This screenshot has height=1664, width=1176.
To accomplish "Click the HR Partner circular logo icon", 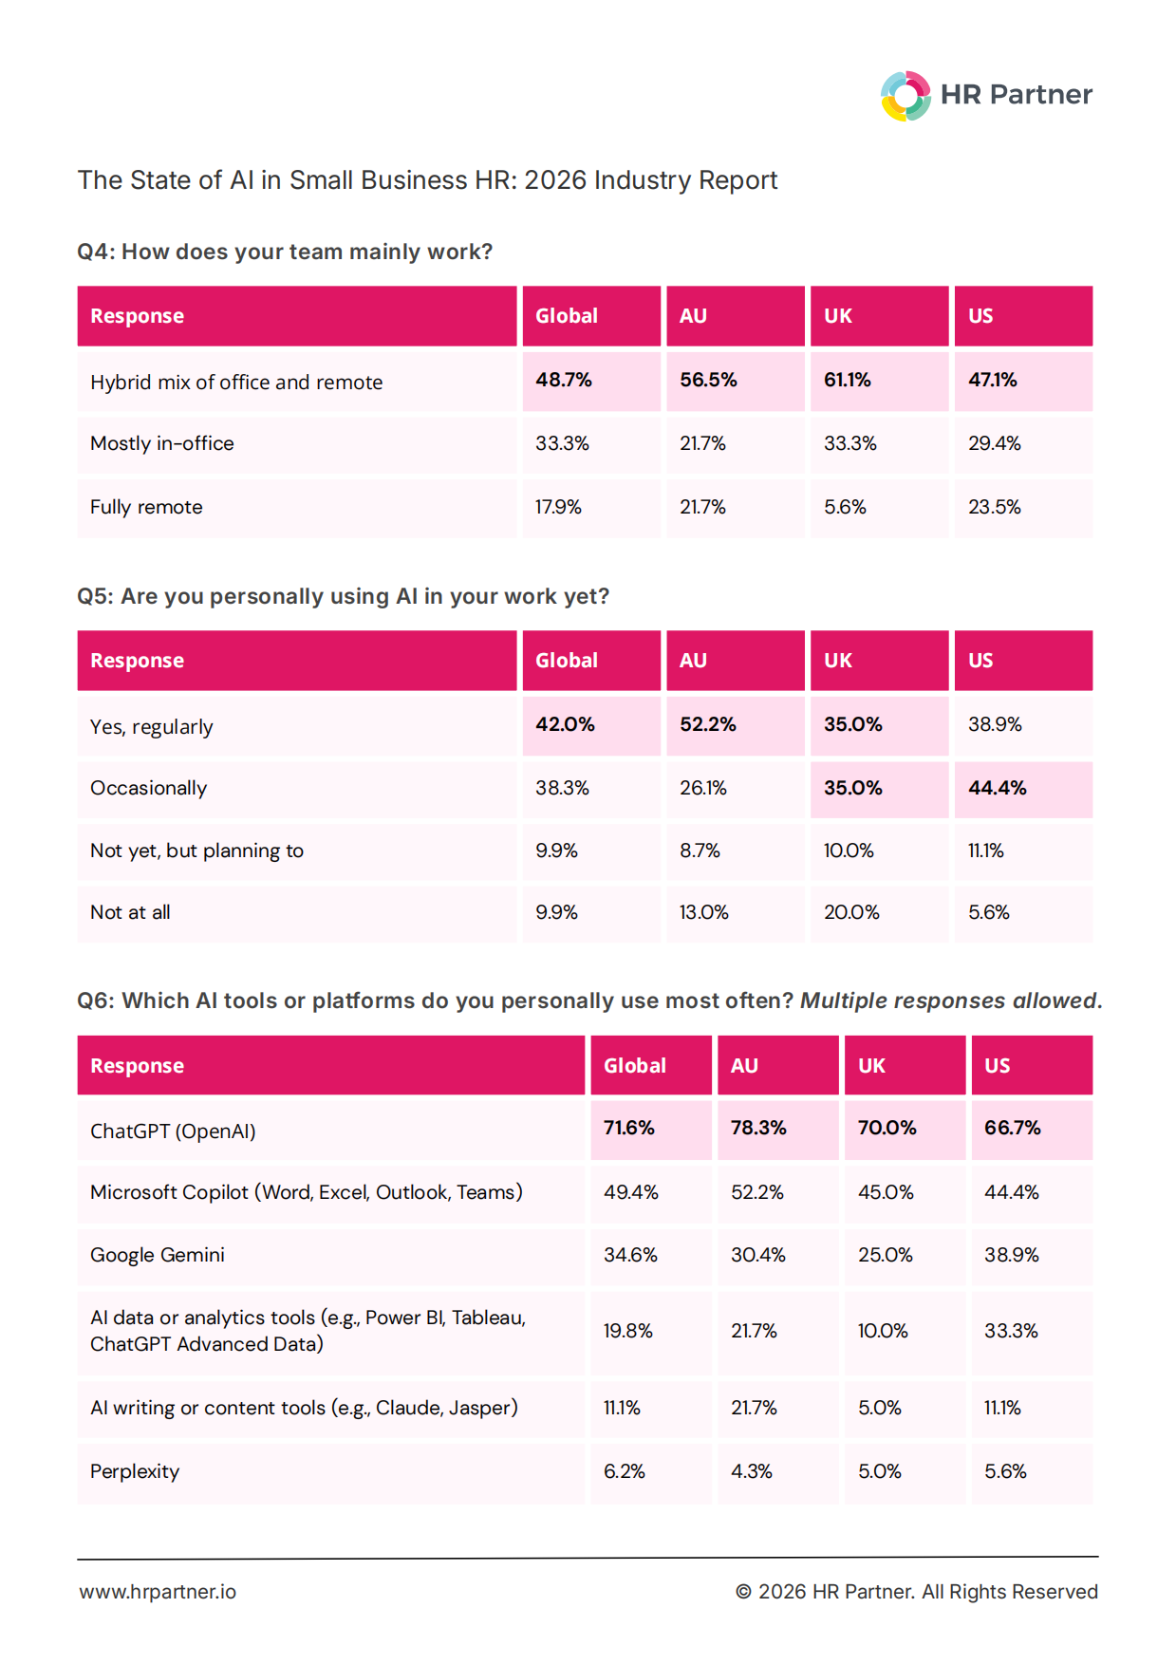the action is (905, 96).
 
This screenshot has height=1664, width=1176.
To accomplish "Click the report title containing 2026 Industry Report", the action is (427, 180).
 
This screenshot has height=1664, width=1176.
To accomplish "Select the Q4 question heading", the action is (285, 252).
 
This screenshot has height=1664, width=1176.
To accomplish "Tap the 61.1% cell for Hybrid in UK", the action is (879, 381).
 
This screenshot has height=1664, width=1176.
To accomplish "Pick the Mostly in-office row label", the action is (162, 443).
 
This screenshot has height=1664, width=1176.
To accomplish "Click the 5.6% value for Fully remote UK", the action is (845, 507).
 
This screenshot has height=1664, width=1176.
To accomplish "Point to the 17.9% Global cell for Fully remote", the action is (558, 507).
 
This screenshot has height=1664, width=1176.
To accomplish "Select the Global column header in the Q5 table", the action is (567, 661).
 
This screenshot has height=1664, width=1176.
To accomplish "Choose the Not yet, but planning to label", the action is (197, 851).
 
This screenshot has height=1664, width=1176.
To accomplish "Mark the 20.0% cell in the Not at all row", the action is (851, 912).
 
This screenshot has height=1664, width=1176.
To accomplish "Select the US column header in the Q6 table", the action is (998, 1066).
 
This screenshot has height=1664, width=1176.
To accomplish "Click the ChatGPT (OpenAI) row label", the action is (173, 1131).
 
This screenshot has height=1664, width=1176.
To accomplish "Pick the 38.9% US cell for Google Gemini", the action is (1012, 1255).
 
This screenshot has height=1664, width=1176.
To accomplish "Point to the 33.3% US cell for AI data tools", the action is (1011, 1331).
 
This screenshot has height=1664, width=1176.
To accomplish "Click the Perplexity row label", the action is (135, 1471).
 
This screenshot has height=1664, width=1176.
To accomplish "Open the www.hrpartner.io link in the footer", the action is (158, 1592).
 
